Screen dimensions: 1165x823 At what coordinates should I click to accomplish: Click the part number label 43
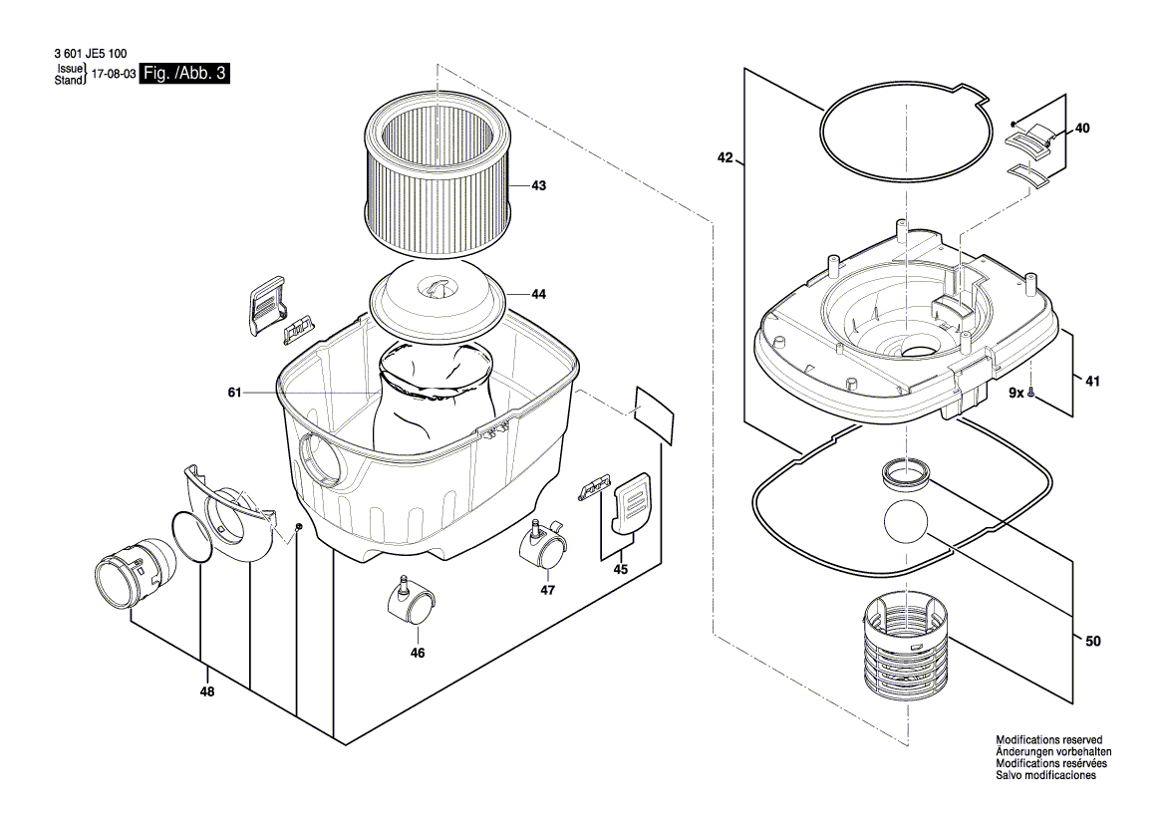pyautogui.click(x=539, y=185)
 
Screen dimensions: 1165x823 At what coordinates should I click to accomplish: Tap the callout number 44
pyautogui.click(x=539, y=295)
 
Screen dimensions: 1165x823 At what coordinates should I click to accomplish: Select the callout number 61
pyautogui.click(x=235, y=393)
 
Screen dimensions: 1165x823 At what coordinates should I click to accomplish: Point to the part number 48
pyautogui.click(x=207, y=692)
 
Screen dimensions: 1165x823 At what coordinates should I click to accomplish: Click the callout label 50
pyautogui.click(x=1093, y=641)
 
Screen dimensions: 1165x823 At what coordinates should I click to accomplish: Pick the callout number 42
pyautogui.click(x=726, y=157)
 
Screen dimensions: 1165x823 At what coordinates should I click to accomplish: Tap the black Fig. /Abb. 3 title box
pyautogui.click(x=185, y=73)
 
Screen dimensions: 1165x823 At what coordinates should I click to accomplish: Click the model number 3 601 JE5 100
pyautogui.click(x=91, y=54)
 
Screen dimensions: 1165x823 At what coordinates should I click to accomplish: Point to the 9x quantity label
pyautogui.click(x=1018, y=393)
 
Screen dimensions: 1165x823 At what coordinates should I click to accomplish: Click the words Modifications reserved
pyautogui.click(x=1049, y=740)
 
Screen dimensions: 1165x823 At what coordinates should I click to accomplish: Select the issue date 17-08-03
pyautogui.click(x=113, y=75)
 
